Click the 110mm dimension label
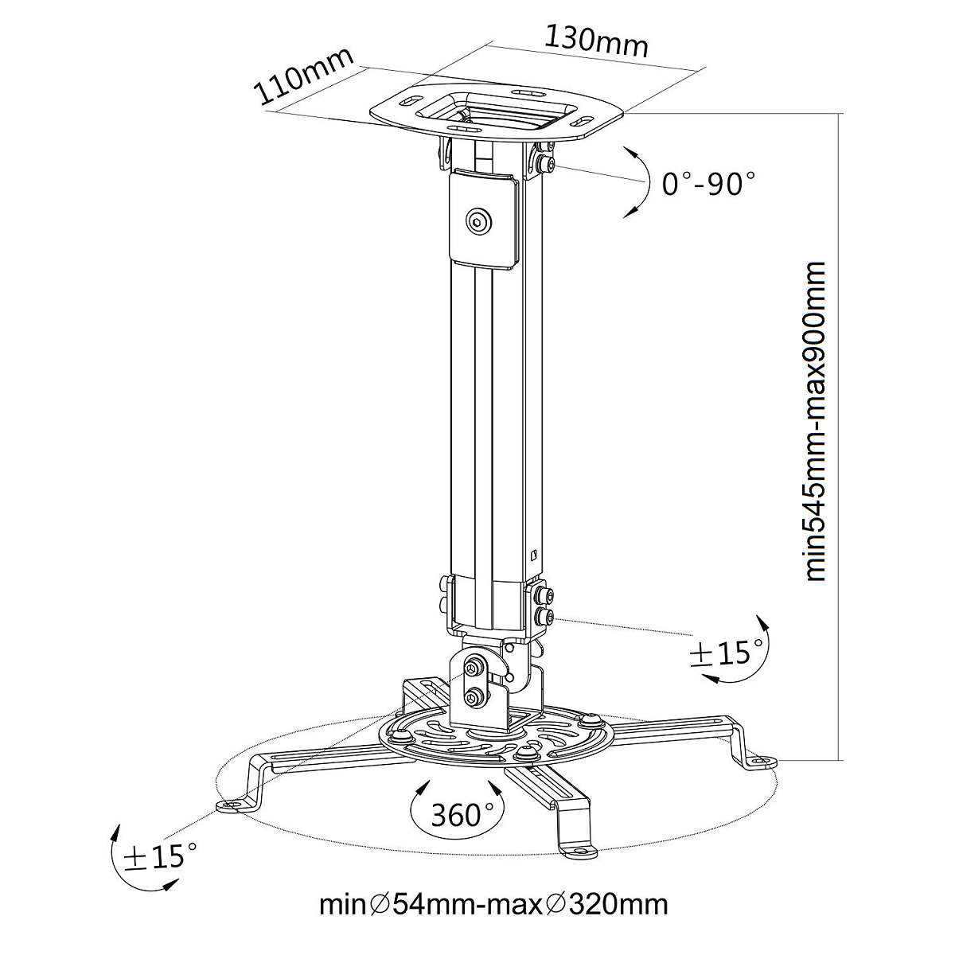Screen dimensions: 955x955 coord(303,77)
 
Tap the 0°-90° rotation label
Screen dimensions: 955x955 coord(707,184)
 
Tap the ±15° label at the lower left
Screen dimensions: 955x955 coord(156,856)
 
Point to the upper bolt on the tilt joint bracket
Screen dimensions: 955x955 coord(475,666)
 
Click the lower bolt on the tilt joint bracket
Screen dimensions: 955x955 coord(474,698)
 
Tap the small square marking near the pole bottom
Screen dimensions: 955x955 coord(534,555)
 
